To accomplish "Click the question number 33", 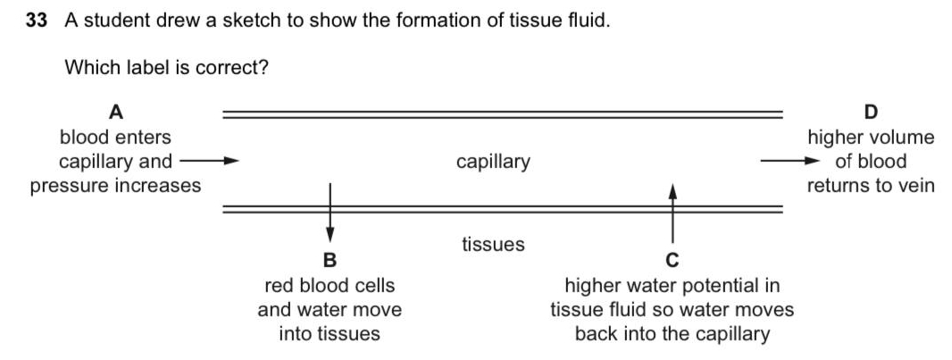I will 36,21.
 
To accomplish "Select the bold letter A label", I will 115,113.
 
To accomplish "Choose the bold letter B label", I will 330,261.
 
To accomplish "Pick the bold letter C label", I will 672,261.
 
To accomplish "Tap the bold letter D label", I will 872,113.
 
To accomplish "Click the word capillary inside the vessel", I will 493,162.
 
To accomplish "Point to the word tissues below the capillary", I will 493,244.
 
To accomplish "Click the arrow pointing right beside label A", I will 209,162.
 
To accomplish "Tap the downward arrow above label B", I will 330,211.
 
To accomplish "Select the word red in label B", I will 280,286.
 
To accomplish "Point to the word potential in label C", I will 714,286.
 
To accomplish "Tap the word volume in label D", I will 903,138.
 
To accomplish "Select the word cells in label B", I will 373,286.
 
